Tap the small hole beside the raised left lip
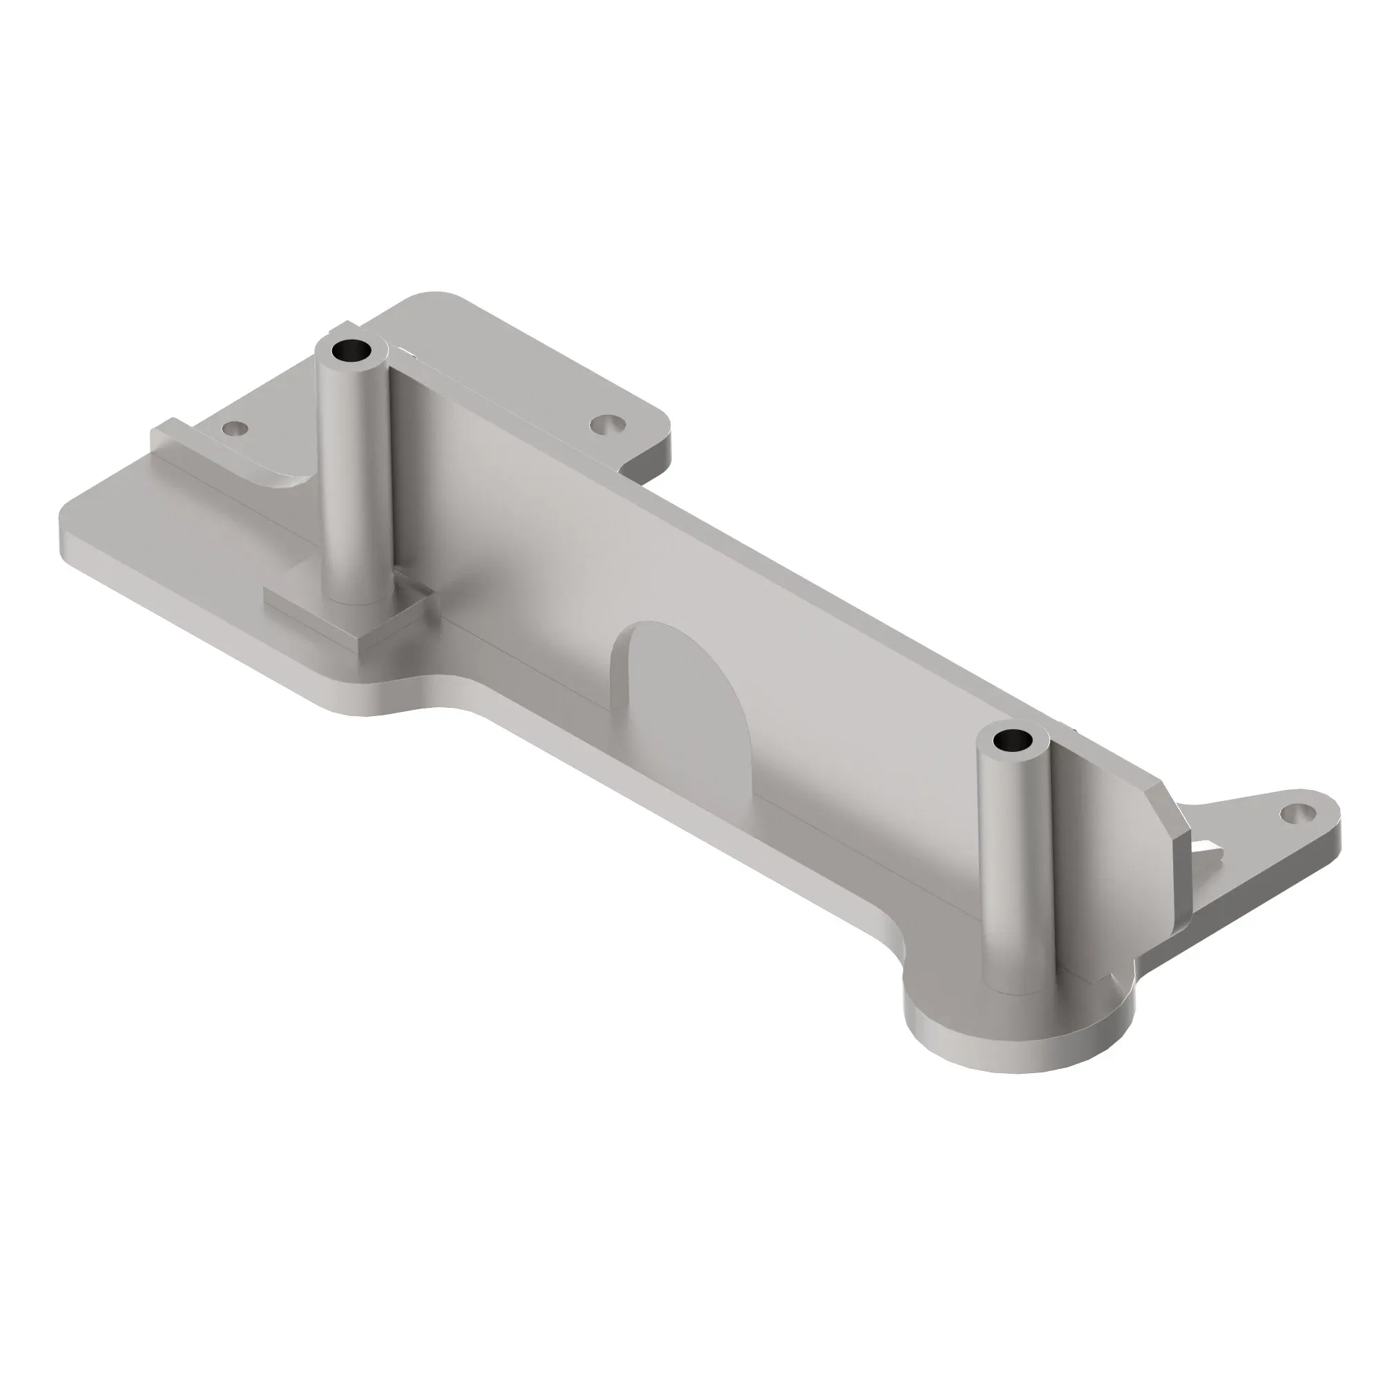pos(235,429)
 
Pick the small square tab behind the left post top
pos(333,331)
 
